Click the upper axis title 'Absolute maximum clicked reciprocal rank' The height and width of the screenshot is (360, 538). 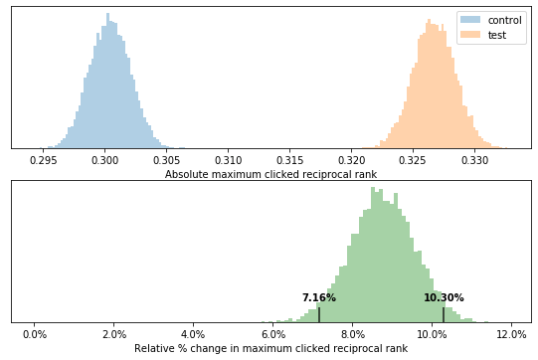click(270, 174)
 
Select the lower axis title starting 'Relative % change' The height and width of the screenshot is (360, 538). click(270, 348)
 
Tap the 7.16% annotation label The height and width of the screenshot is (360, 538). click(319, 297)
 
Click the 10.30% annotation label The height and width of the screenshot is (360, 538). click(444, 297)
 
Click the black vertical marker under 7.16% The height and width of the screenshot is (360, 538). click(319, 313)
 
